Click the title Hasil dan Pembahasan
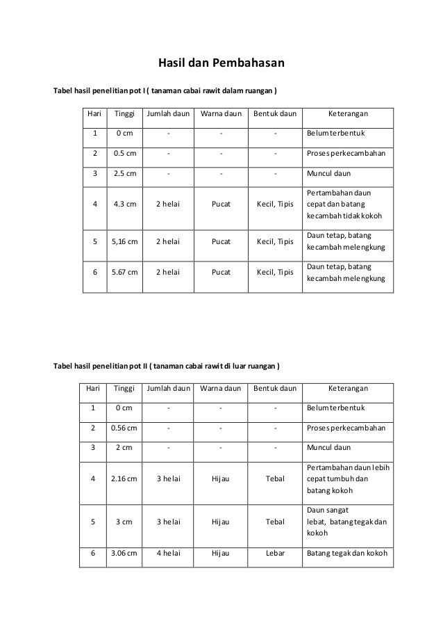pyautogui.click(x=221, y=65)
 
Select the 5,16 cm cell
pyautogui.click(x=125, y=242)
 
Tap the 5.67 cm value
pyautogui.click(x=125, y=272)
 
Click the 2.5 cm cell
pyautogui.click(x=125, y=173)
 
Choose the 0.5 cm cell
pyautogui.click(x=125, y=153)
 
